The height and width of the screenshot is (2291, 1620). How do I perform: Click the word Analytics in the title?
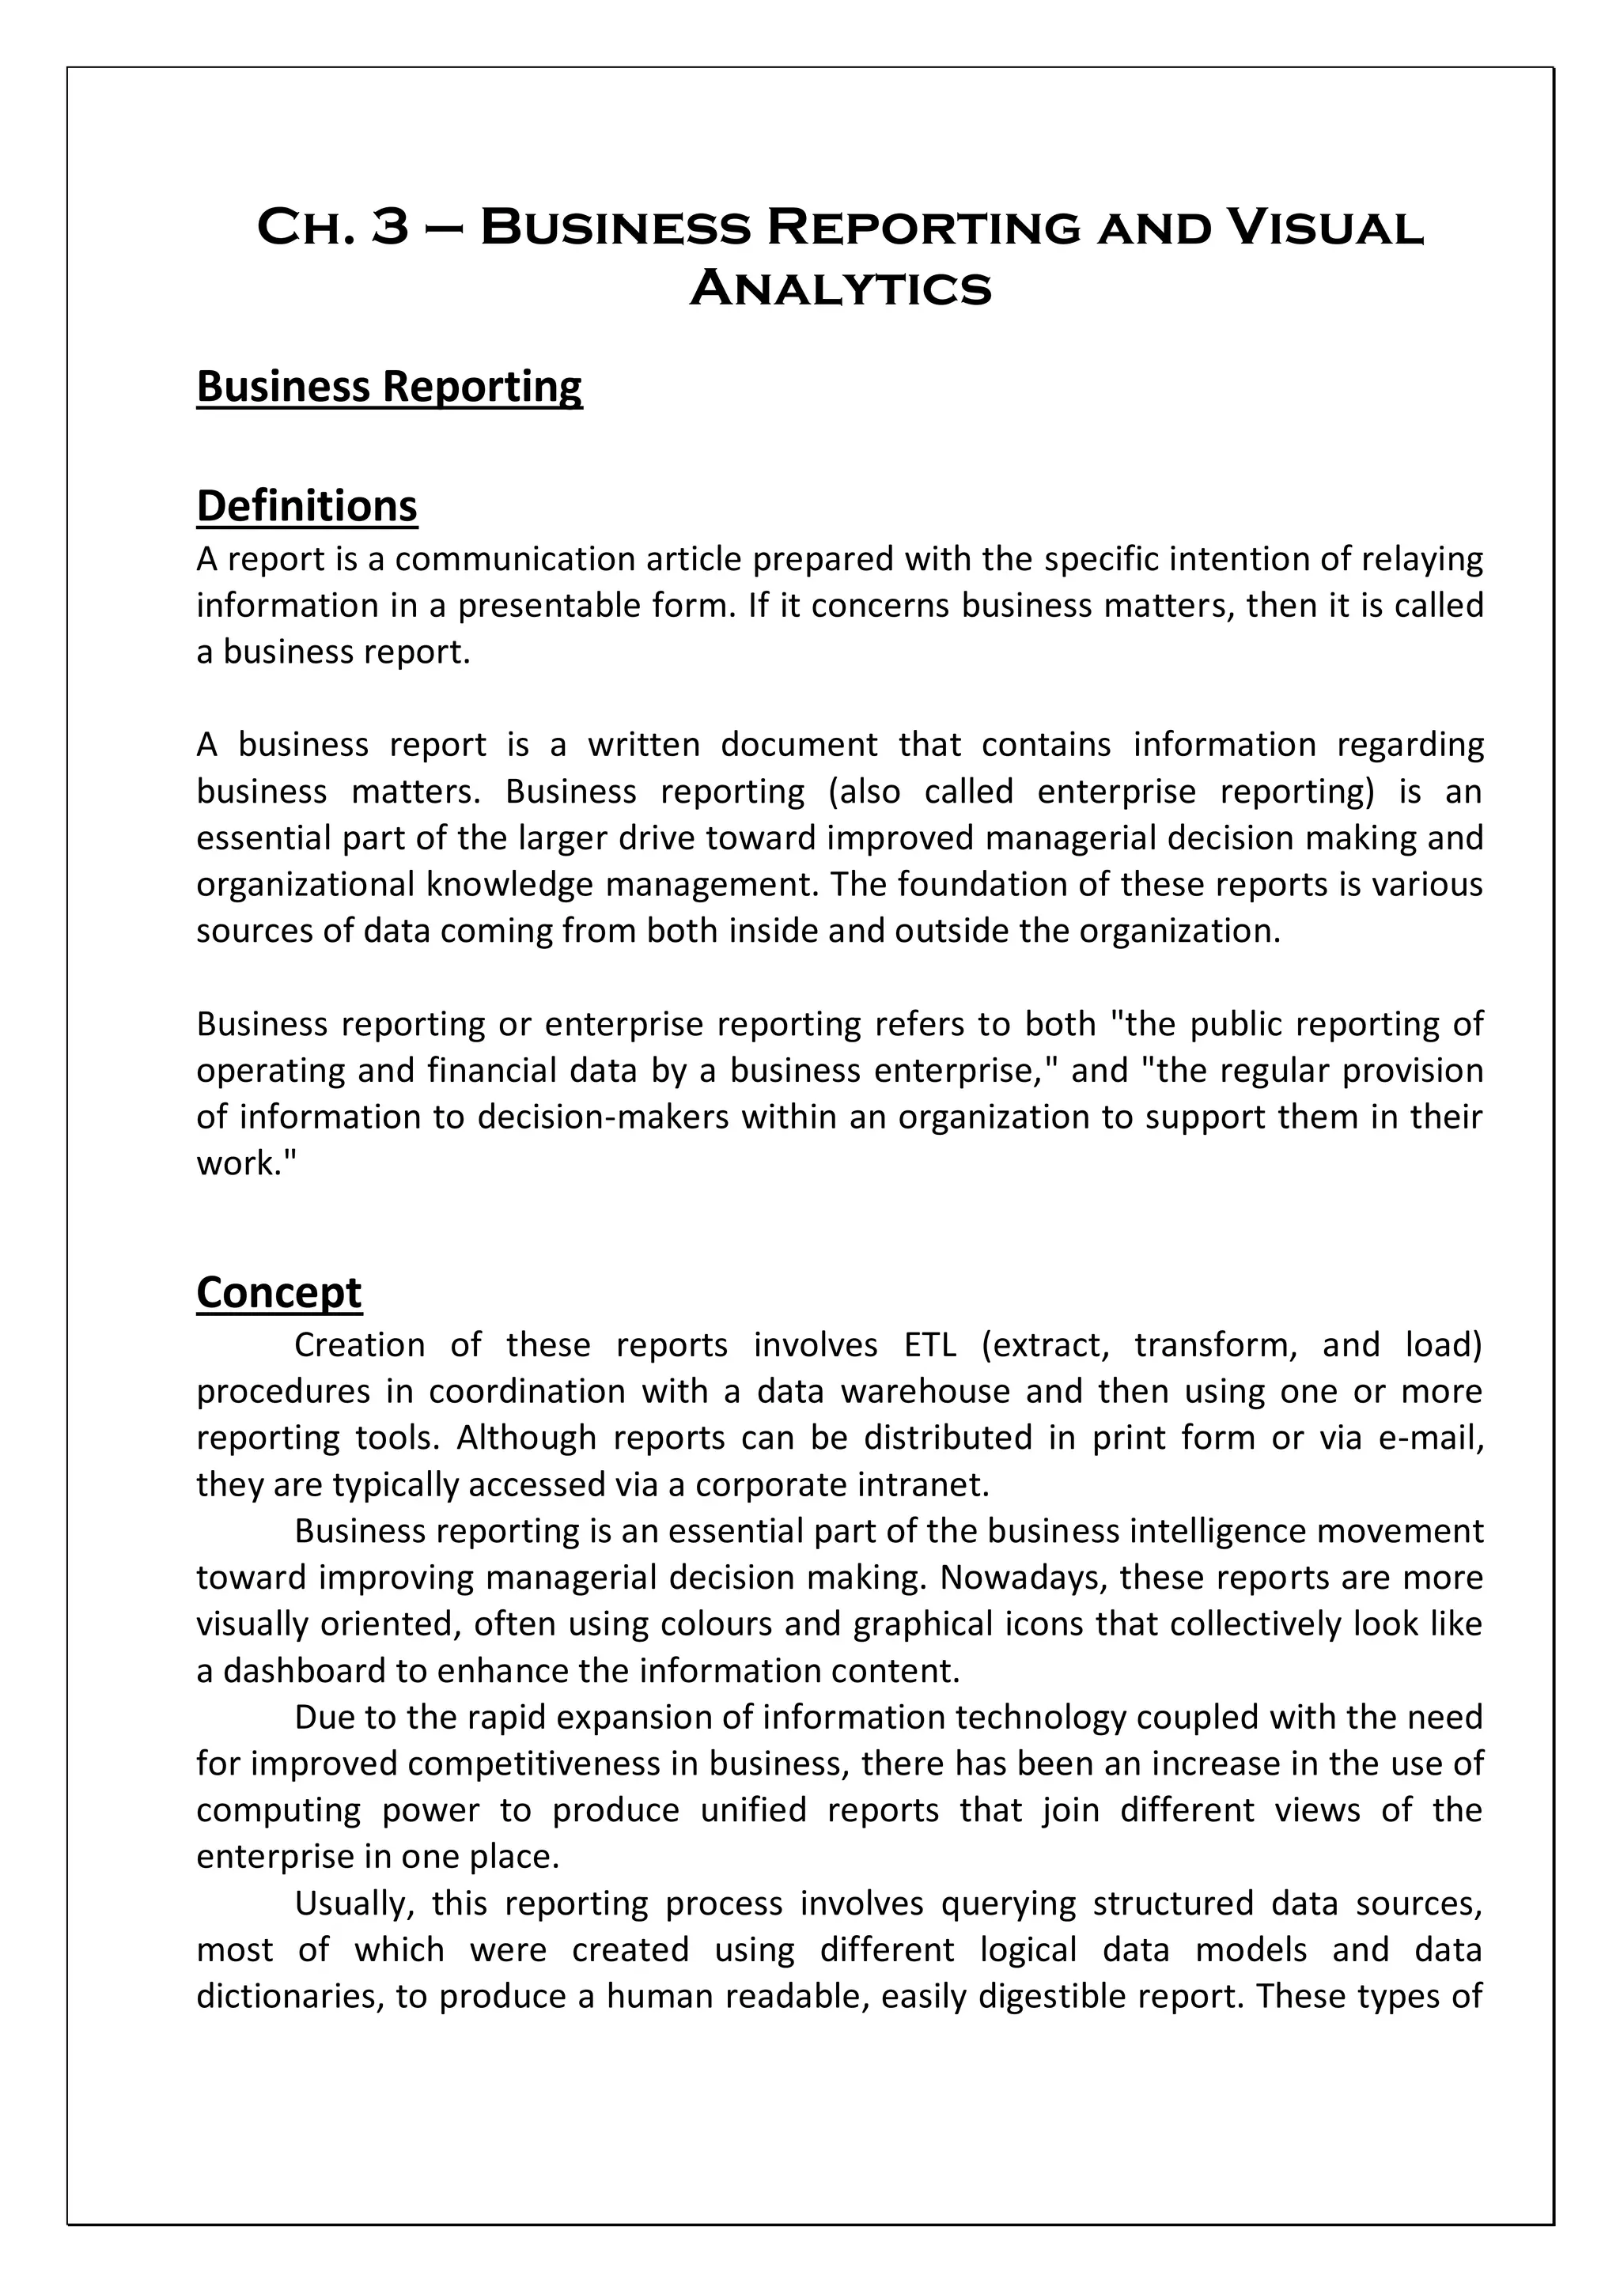point(840,289)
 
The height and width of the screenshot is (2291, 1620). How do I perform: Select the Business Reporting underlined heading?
point(389,388)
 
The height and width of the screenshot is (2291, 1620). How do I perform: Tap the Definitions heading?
point(306,506)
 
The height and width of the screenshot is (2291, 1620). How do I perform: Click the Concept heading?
point(278,1292)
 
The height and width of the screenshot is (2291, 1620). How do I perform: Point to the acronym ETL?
point(929,1346)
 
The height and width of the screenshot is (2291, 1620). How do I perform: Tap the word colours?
point(713,1624)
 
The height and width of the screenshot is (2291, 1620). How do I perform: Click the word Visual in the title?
point(1323,228)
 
